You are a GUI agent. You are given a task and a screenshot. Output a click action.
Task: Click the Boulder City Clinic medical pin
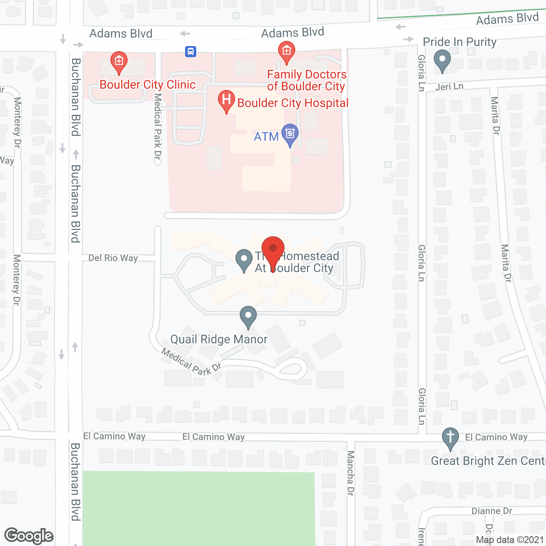tap(119, 62)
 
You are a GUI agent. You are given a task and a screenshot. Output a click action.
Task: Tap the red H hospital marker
tap(226, 101)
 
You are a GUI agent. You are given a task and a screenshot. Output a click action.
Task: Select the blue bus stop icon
tap(190, 52)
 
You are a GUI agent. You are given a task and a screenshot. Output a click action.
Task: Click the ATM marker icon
tap(290, 134)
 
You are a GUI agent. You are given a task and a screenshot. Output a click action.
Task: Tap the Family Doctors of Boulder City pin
tap(286, 52)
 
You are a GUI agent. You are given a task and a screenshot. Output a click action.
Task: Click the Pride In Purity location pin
tap(442, 60)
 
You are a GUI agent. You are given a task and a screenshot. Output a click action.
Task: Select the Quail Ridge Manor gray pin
tap(248, 317)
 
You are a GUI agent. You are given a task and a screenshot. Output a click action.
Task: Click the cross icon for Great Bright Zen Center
tap(450, 438)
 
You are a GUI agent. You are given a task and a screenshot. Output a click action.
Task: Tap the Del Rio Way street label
tap(113, 258)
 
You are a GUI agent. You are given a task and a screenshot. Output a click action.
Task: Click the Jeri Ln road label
tap(449, 87)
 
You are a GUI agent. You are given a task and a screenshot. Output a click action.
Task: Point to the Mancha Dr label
tap(351, 473)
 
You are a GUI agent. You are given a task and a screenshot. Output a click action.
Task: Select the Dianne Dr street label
tap(491, 511)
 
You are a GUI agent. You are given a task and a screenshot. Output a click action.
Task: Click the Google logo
tap(29, 536)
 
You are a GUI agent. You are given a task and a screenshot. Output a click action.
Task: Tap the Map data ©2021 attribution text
tap(510, 540)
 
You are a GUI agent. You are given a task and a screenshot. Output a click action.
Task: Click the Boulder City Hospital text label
tap(293, 103)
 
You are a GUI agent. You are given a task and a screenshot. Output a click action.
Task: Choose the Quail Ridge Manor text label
tap(219, 340)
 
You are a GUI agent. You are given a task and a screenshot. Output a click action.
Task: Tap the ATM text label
tap(266, 137)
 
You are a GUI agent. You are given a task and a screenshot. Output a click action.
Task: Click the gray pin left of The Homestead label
tap(244, 259)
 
